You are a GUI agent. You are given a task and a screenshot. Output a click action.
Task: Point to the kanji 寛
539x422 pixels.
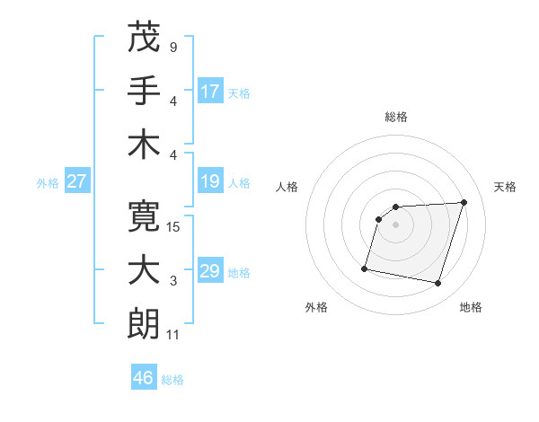[144, 215]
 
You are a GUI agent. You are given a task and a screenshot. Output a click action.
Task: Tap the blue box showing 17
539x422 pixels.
[210, 91]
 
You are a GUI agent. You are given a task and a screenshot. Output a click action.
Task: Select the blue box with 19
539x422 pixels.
[210, 182]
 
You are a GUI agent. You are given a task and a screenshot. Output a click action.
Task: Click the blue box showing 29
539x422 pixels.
[210, 271]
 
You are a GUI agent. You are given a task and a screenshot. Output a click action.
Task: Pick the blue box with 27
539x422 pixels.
[77, 182]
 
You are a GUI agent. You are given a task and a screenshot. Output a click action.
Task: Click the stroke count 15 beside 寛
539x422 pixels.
[173, 227]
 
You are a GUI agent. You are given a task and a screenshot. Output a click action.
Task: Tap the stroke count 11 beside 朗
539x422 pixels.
[172, 335]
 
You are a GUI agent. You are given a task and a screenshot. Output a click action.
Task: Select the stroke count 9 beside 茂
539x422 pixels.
[172, 47]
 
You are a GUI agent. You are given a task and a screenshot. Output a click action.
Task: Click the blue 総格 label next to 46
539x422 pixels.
[172, 380]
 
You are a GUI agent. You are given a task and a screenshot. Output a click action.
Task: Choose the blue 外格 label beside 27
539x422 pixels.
[48, 183]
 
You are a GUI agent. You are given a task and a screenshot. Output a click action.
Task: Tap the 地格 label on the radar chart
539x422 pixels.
[471, 307]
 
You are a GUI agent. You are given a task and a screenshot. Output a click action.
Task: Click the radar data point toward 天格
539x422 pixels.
[464, 202]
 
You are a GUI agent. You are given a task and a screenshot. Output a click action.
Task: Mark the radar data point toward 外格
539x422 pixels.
[365, 268]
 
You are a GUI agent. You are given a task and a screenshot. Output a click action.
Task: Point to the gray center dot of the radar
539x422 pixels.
[395, 224]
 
